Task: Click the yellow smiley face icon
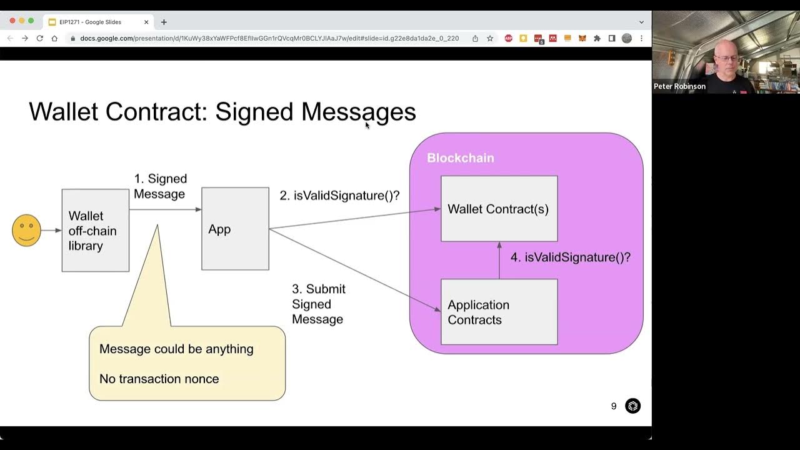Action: pyautogui.click(x=26, y=230)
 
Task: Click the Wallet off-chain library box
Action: pyautogui.click(x=95, y=231)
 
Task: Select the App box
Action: pyautogui.click(x=235, y=229)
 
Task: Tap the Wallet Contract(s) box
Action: pyautogui.click(x=499, y=209)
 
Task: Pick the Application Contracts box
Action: pyautogui.click(x=499, y=312)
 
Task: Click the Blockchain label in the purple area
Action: pyautogui.click(x=460, y=158)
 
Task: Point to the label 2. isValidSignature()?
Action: pyautogui.click(x=339, y=196)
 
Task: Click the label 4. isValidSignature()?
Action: pyautogui.click(x=570, y=257)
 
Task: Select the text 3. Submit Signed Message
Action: pyautogui.click(x=318, y=304)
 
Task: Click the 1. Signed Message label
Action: pyautogui.click(x=160, y=186)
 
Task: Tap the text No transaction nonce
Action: pyautogui.click(x=159, y=379)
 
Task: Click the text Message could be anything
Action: pyautogui.click(x=176, y=349)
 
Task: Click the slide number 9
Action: pyautogui.click(x=614, y=406)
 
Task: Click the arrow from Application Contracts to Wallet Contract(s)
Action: pyautogui.click(x=499, y=261)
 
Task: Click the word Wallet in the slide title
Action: pyautogui.click(x=64, y=112)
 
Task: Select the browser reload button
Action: pyautogui.click(x=39, y=38)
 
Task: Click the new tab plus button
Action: pyautogui.click(x=164, y=22)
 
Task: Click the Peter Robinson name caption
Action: pyautogui.click(x=679, y=87)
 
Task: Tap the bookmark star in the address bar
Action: pyautogui.click(x=490, y=38)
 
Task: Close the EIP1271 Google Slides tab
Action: pyautogui.click(x=146, y=22)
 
